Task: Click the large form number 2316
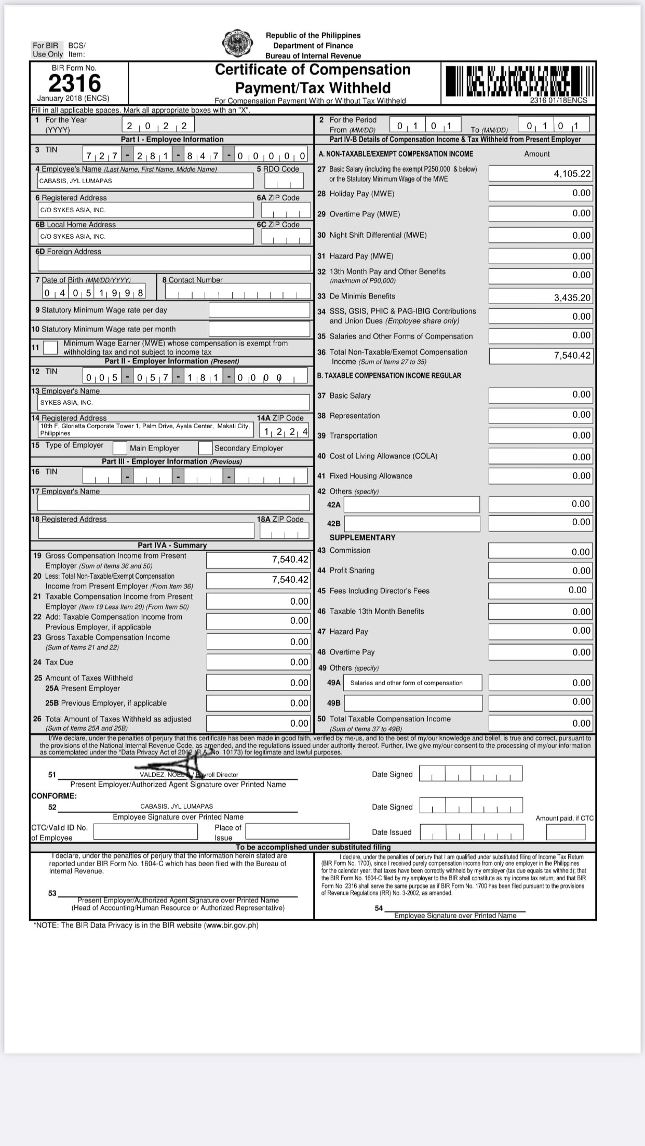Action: [x=75, y=84]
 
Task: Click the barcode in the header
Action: [x=518, y=81]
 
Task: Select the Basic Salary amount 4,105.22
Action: [x=572, y=174]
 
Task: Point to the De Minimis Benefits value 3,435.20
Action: [x=572, y=298]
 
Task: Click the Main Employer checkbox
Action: [x=120, y=448]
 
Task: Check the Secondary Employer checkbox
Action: [x=206, y=448]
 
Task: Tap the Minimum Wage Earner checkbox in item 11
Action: [x=50, y=347]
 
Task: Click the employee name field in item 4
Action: [x=145, y=181]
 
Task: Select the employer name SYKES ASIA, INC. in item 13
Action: [x=66, y=403]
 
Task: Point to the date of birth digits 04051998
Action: [x=93, y=293]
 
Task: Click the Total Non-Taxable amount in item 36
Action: [x=572, y=356]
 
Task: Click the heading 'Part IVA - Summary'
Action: [x=172, y=545]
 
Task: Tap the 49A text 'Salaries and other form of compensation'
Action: [x=406, y=683]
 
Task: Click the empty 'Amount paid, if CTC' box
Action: [x=566, y=832]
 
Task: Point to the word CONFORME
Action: [x=54, y=796]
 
